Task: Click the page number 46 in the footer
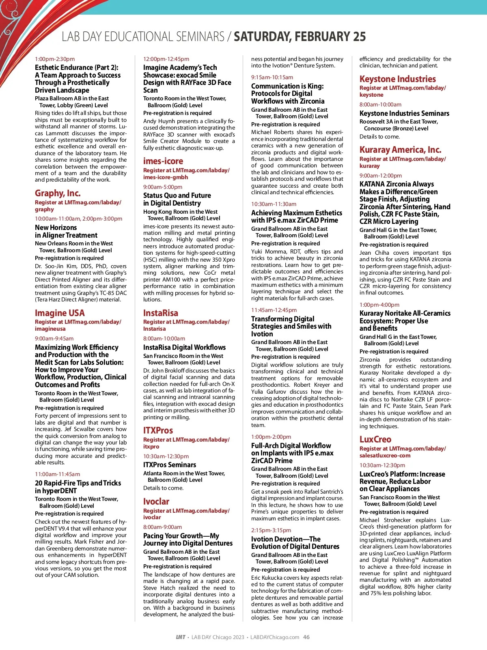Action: point(306,637)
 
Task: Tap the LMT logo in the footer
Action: point(181,637)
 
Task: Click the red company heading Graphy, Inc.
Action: point(58,193)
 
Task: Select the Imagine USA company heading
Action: point(60,313)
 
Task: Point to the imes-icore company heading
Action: point(163,161)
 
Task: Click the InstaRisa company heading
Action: point(160,313)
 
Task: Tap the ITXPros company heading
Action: point(158,430)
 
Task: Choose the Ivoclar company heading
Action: point(156,501)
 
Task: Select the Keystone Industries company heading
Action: point(397,79)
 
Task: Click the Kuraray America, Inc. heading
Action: point(400,149)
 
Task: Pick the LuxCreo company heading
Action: point(375,439)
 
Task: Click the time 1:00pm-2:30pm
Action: point(55,59)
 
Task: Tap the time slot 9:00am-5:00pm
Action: point(162,187)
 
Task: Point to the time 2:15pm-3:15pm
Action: point(271,530)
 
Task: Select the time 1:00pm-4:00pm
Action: point(379,305)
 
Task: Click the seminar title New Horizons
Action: point(56,227)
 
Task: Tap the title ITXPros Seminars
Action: point(169,465)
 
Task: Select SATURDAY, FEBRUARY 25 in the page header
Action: point(300,37)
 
